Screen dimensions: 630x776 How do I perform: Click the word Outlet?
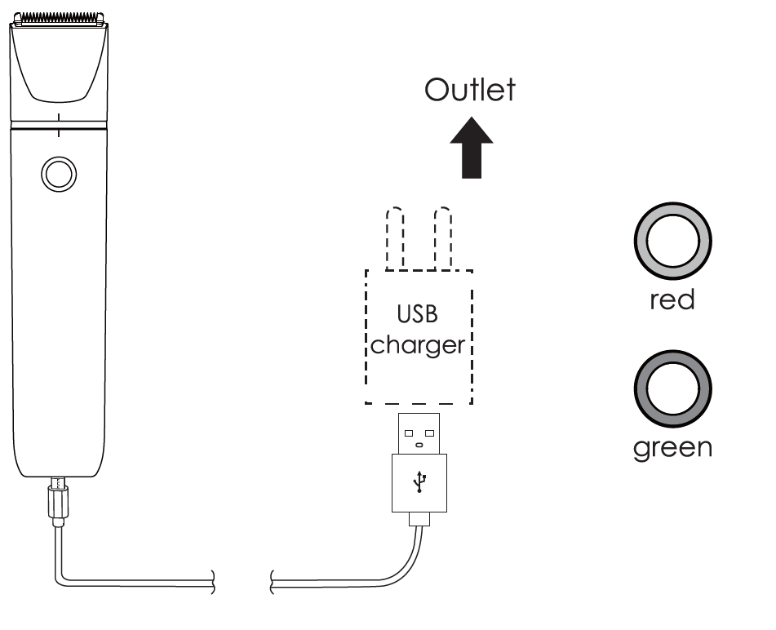469,90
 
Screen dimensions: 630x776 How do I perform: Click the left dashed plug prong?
397,237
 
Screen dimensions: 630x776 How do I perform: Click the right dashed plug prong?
445,237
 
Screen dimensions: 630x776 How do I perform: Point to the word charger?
418,344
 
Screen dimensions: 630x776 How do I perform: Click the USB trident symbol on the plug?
419,482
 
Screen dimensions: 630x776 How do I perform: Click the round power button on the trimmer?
60,174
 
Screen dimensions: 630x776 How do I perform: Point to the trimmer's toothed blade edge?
60,16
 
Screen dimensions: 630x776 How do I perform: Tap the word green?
672,448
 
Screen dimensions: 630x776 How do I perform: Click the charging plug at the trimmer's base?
60,498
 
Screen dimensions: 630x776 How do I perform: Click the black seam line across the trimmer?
60,129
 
